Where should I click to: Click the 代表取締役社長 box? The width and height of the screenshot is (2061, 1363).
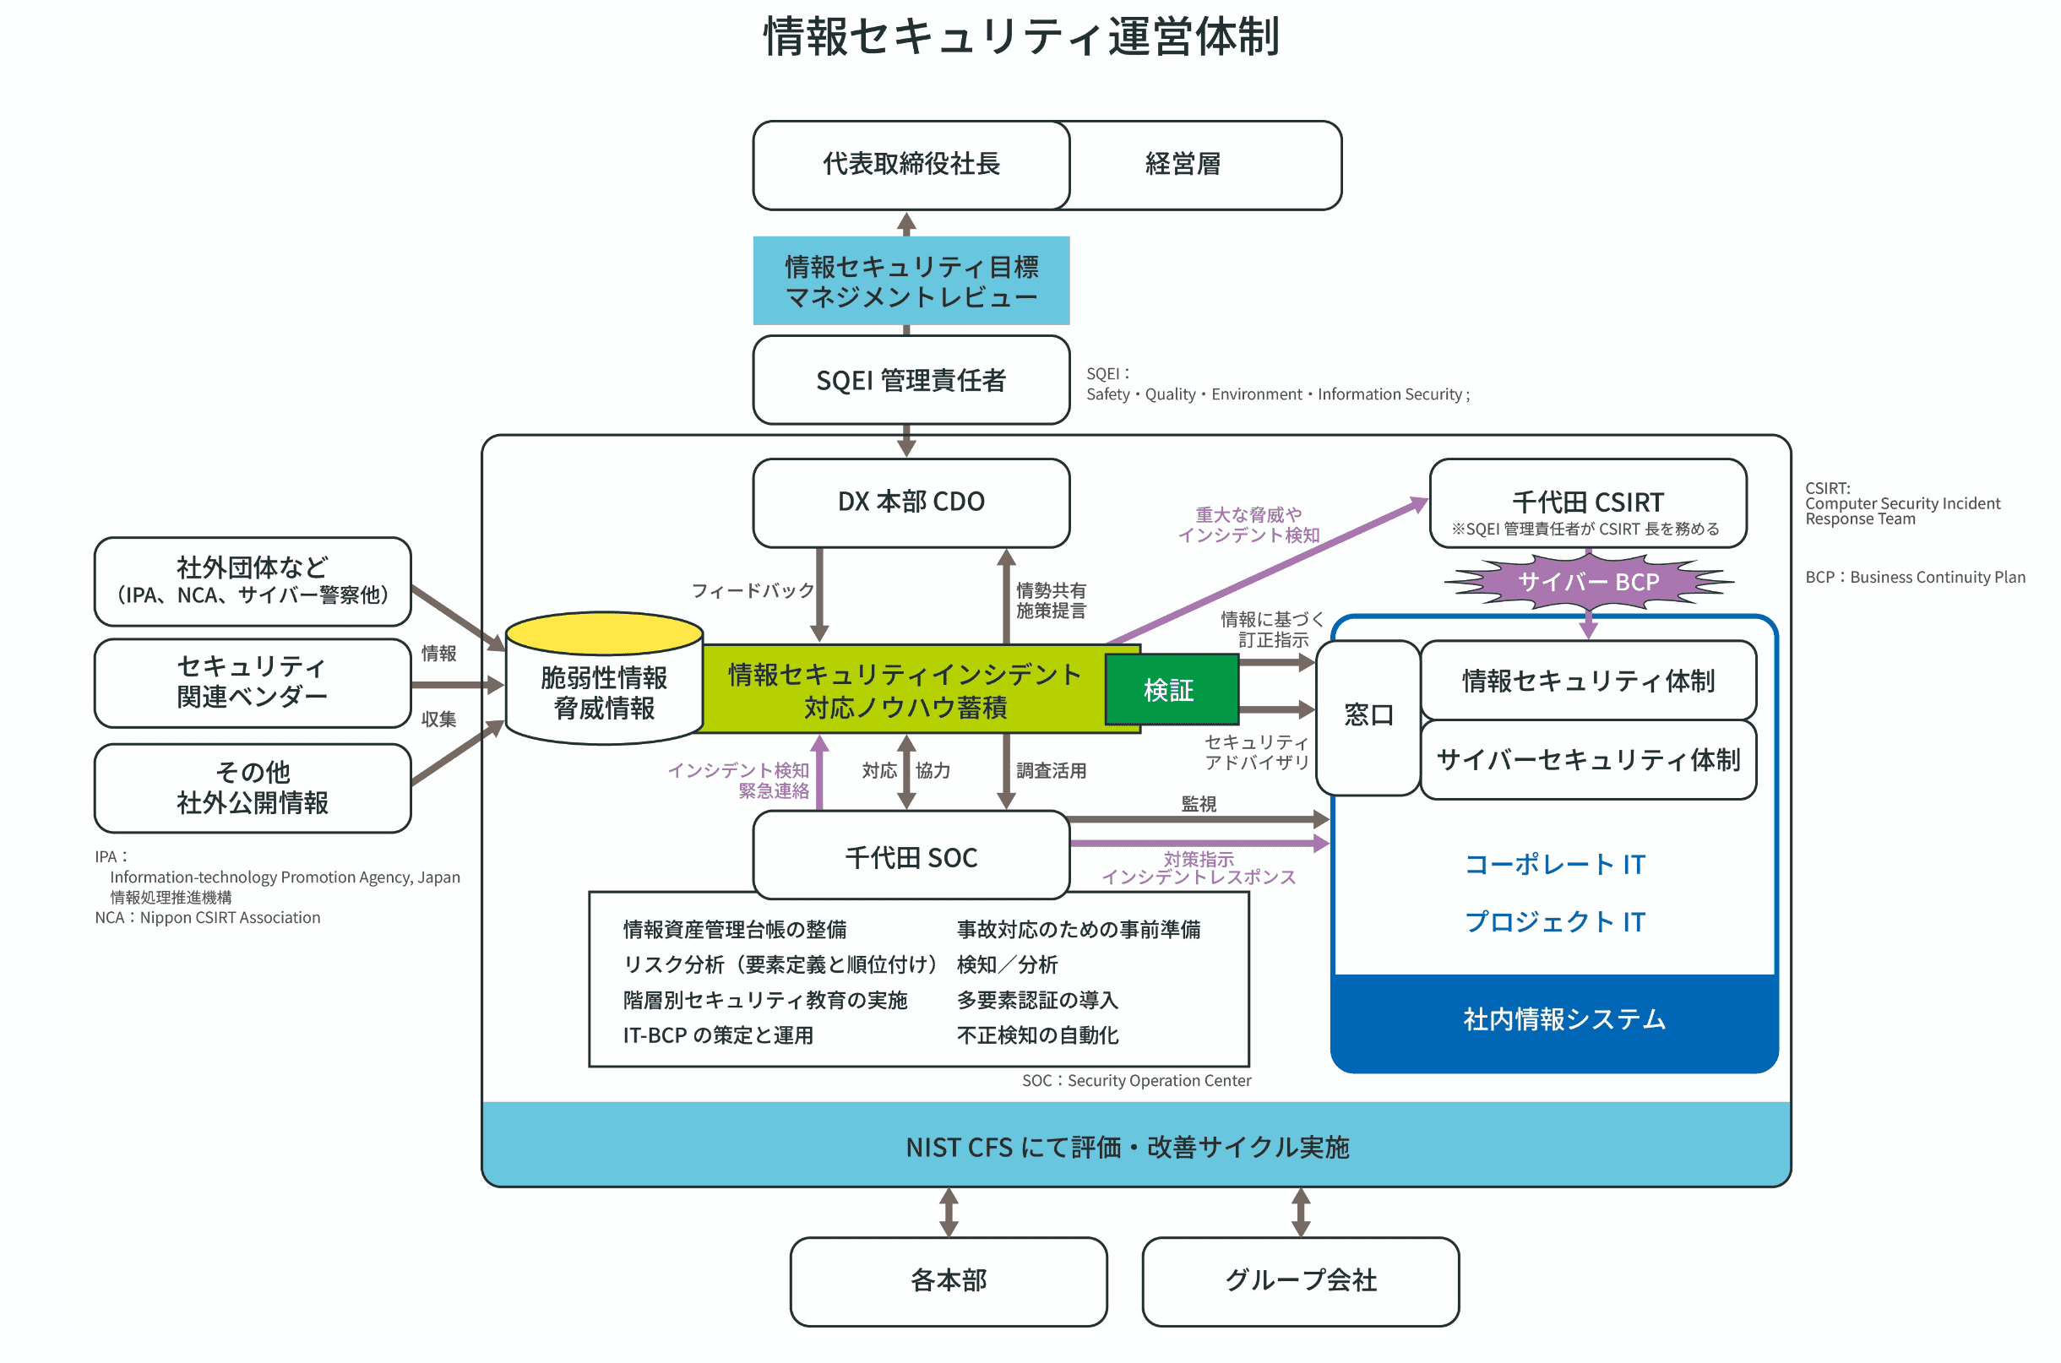[x=910, y=165]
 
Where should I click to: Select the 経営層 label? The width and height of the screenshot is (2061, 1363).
[x=1183, y=165]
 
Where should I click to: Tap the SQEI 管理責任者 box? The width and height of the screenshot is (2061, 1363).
[x=910, y=380]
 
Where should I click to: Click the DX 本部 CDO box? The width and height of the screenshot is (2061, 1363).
[x=910, y=502]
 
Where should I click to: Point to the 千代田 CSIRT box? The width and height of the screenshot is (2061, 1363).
[x=1587, y=503]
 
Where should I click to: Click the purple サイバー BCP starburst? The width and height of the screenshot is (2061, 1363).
[x=1587, y=582]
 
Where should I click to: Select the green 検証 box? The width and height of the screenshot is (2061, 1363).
[x=1169, y=690]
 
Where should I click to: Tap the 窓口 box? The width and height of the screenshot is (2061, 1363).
[x=1368, y=716]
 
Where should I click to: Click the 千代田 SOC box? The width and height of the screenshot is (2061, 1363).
[x=910, y=857]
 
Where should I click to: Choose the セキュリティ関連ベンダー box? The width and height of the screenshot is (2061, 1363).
[x=252, y=682]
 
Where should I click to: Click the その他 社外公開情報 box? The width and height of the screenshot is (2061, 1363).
[x=252, y=788]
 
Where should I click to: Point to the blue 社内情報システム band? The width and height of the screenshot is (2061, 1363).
[x=1563, y=1018]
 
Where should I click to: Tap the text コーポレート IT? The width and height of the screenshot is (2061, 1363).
[x=1554, y=865]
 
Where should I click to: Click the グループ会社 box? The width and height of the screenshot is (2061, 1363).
[x=1300, y=1280]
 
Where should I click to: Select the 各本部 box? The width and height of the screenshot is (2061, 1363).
[x=949, y=1280]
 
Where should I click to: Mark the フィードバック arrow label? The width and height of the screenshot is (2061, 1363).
[x=752, y=591]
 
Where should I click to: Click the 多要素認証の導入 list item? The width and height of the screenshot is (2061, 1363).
[x=1037, y=1001]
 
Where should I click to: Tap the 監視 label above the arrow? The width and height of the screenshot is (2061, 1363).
[x=1198, y=804]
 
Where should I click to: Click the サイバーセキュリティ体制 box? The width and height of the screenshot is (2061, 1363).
[x=1587, y=760]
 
